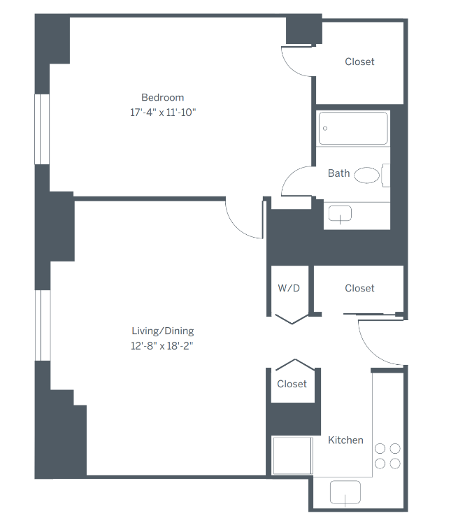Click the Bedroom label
(x=162, y=97)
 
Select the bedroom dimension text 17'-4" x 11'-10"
(x=162, y=112)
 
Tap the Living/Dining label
(x=162, y=331)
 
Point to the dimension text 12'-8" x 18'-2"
(x=162, y=345)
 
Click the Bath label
(x=338, y=173)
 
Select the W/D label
(x=289, y=288)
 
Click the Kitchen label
(x=345, y=440)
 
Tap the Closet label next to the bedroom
(x=359, y=62)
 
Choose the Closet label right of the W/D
(x=359, y=288)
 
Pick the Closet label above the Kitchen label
(x=292, y=384)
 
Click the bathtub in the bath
(x=353, y=128)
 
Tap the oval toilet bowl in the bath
(x=366, y=175)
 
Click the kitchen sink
(x=345, y=494)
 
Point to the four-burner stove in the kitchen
(x=387, y=456)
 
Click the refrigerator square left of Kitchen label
(x=291, y=456)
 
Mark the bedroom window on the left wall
(x=43, y=129)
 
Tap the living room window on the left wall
(x=43, y=325)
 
